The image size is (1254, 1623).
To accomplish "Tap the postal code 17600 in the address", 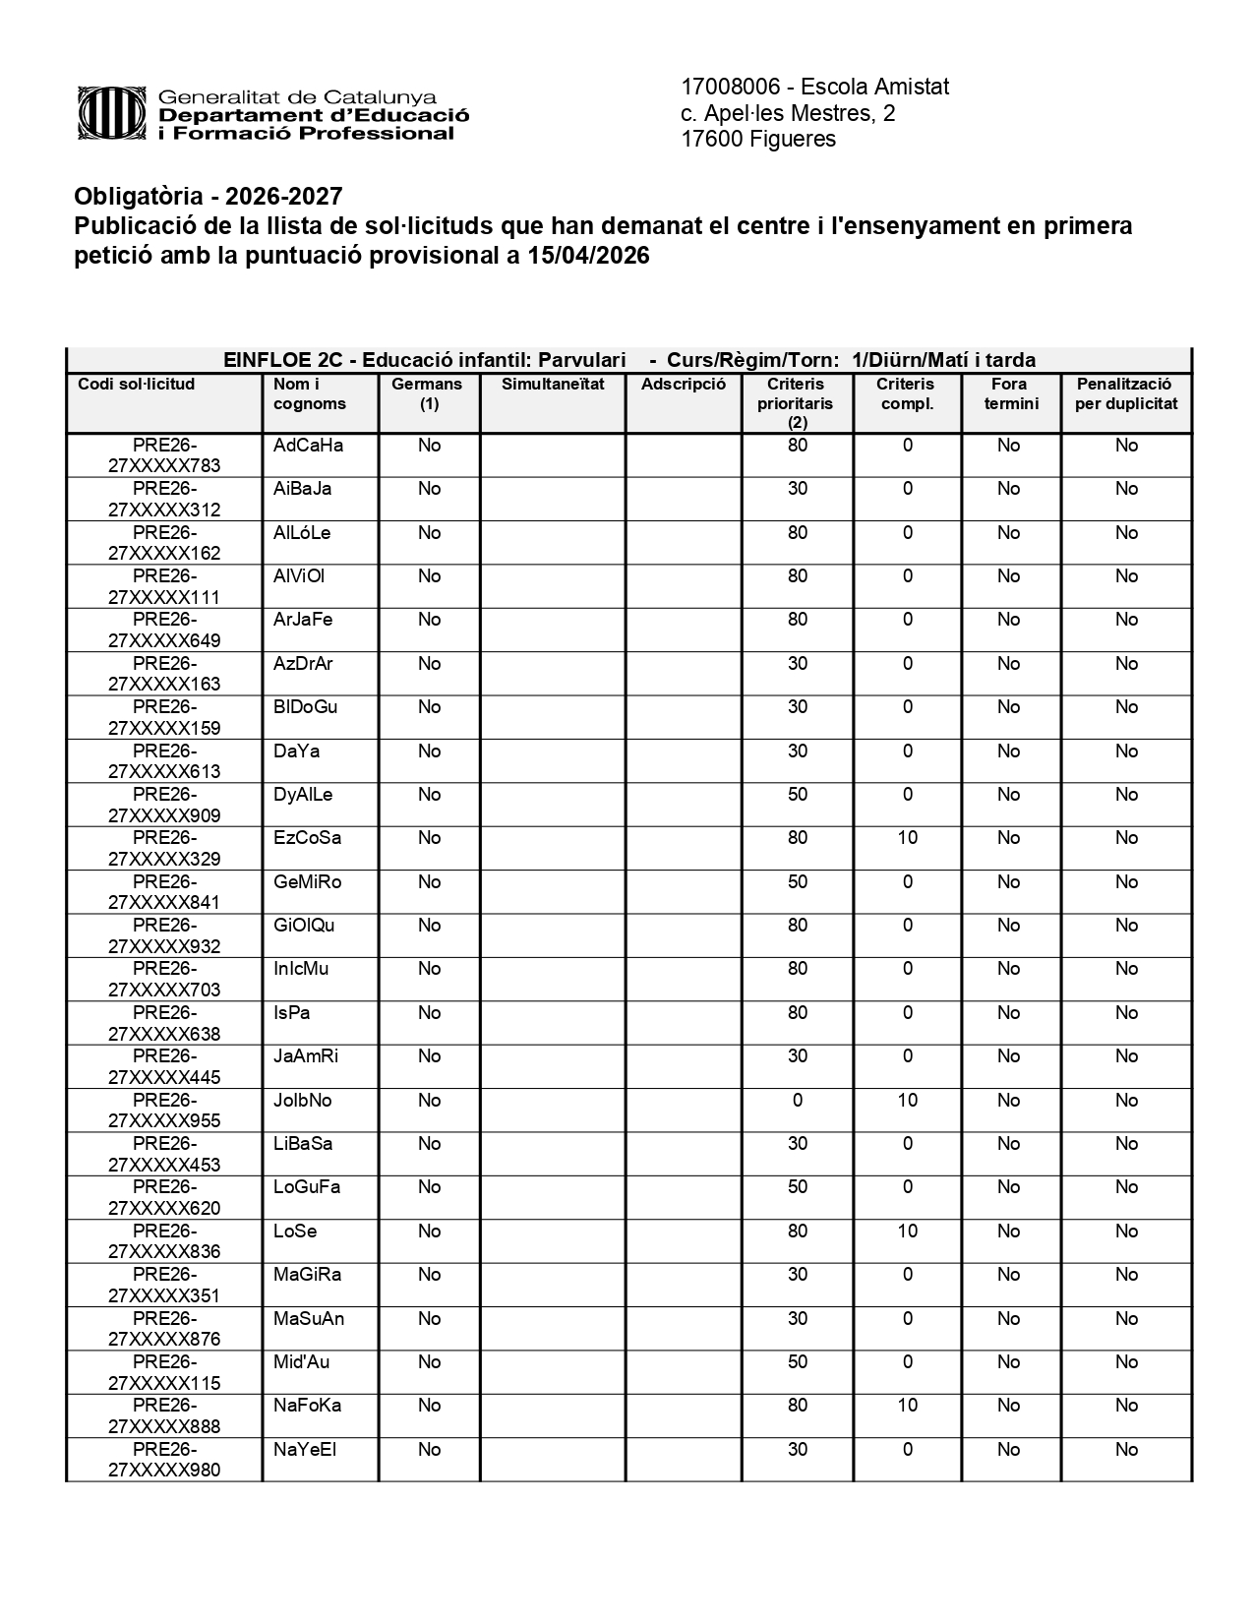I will [x=712, y=139].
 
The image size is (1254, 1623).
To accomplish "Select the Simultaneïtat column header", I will [x=552, y=385].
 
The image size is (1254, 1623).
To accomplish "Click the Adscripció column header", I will [x=683, y=385].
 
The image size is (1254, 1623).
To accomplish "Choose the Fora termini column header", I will [x=1010, y=393].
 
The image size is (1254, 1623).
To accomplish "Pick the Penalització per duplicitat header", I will [x=1125, y=393].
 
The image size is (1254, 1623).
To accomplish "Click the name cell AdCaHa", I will [x=308, y=446].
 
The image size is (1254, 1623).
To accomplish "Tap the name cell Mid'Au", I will [x=301, y=1362].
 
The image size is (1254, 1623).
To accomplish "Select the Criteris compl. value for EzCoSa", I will [x=907, y=838].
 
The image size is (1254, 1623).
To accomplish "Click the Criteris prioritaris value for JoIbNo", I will [x=797, y=1101].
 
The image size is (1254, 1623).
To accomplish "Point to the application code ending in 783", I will [x=164, y=455].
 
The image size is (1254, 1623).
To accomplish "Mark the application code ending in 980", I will [x=164, y=1460].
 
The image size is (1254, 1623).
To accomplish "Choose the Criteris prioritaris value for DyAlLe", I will [x=797, y=795].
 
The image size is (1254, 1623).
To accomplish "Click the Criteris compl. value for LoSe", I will [x=907, y=1232].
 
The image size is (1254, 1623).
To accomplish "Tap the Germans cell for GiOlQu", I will [x=429, y=926].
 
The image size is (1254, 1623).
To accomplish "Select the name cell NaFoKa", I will [x=307, y=1406].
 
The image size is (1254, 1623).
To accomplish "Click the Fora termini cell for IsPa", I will [x=1008, y=1013].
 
